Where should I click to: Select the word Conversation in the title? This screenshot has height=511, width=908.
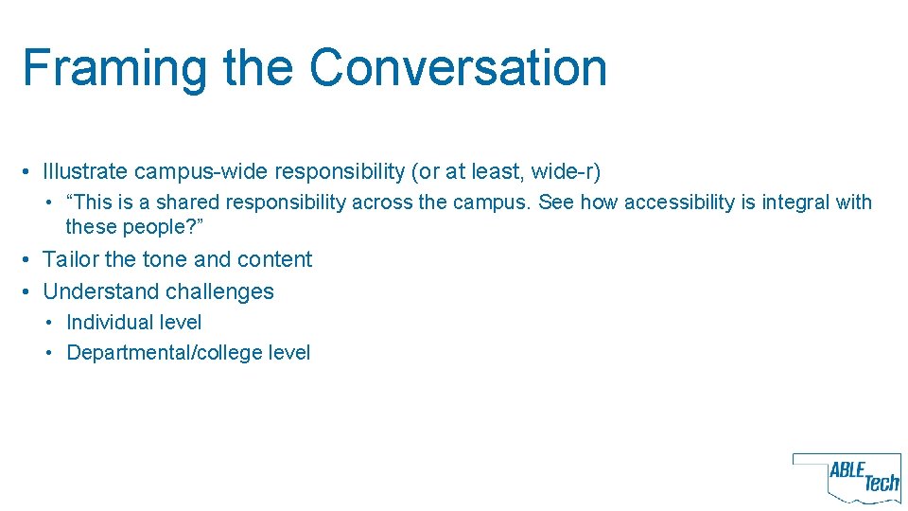pyautogui.click(x=458, y=68)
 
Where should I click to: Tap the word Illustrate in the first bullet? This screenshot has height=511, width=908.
pyautogui.click(x=85, y=172)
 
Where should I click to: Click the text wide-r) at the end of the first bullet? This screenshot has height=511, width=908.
pyautogui.click(x=566, y=172)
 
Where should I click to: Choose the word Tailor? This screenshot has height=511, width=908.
pyautogui.click(x=70, y=259)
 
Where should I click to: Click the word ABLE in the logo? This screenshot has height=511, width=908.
pyautogui.click(x=847, y=470)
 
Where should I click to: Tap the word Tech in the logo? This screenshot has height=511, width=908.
pyautogui.click(x=882, y=483)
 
